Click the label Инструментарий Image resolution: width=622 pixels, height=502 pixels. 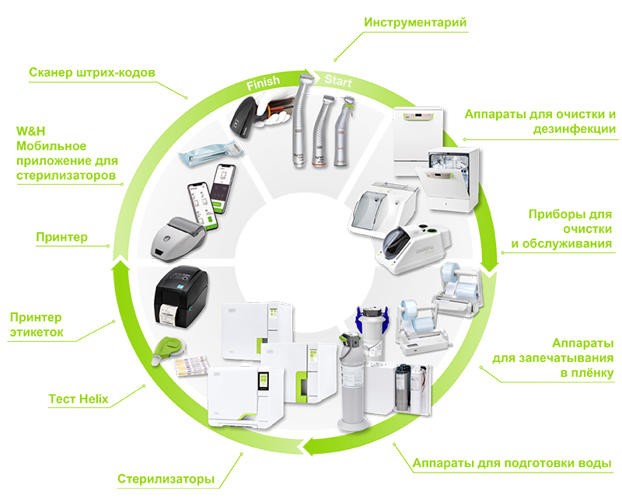tap(415, 22)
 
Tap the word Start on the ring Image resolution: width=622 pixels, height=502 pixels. tap(338, 81)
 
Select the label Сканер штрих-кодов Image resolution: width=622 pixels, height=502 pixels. tap(93, 73)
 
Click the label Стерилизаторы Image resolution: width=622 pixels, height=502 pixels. tap(166, 479)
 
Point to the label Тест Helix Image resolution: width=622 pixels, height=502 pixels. tap(78, 400)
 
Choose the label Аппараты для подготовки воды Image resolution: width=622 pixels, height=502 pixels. tap(512, 464)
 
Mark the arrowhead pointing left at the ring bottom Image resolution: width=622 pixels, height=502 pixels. tap(309, 446)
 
